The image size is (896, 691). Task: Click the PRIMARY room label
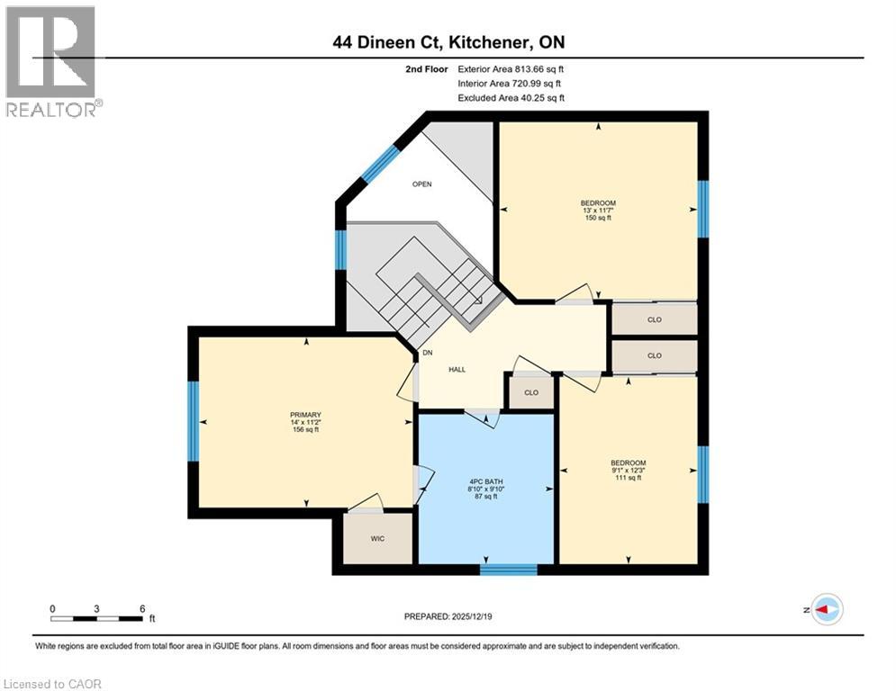point(305,415)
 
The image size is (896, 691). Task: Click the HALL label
point(457,370)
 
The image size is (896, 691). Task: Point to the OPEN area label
point(422,184)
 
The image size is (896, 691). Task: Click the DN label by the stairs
point(428,353)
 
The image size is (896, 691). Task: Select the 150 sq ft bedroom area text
point(598,218)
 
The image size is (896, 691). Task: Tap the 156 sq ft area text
point(305,430)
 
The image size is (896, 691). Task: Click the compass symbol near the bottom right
point(826,609)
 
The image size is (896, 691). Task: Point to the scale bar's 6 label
point(142,607)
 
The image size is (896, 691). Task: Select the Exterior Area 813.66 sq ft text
point(511,68)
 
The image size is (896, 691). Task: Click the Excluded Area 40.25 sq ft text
point(511,98)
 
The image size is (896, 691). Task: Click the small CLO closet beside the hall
point(530,393)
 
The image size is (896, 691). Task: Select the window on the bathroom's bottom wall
point(509,569)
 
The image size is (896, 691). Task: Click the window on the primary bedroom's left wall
point(192,421)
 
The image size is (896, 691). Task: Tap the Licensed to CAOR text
point(52,684)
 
